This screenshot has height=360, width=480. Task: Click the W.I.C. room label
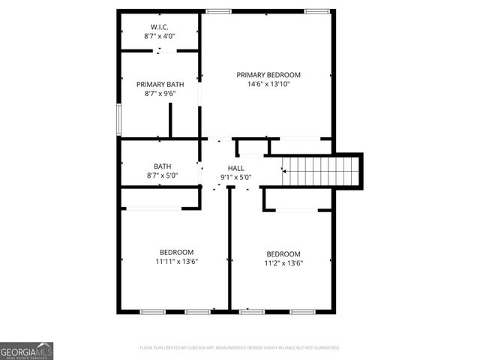click(158, 26)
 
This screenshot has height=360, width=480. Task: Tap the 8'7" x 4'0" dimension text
click(158, 36)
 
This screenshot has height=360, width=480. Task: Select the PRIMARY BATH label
click(158, 85)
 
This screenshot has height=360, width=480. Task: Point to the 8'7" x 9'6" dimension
click(158, 94)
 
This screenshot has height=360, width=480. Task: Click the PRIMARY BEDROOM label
click(268, 75)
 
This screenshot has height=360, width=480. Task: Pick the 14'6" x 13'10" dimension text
click(268, 85)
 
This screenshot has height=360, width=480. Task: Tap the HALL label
click(235, 168)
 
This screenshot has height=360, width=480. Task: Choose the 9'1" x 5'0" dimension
click(235, 178)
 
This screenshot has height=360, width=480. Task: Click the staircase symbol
click(320, 171)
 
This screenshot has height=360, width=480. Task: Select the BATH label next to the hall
click(162, 166)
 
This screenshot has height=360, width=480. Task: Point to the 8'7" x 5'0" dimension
click(161, 176)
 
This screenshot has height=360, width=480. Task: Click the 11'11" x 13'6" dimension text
click(176, 262)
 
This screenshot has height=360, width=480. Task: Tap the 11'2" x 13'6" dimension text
click(283, 263)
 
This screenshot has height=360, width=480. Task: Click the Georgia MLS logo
click(26, 351)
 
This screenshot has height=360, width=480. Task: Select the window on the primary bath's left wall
click(118, 120)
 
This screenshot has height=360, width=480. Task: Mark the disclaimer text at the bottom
click(240, 348)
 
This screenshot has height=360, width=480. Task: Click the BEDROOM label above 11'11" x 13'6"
click(176, 252)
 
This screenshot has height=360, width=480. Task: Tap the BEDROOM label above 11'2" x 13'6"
click(283, 253)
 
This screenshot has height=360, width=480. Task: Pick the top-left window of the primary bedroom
click(219, 11)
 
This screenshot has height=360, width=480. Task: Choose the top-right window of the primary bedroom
click(316, 11)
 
